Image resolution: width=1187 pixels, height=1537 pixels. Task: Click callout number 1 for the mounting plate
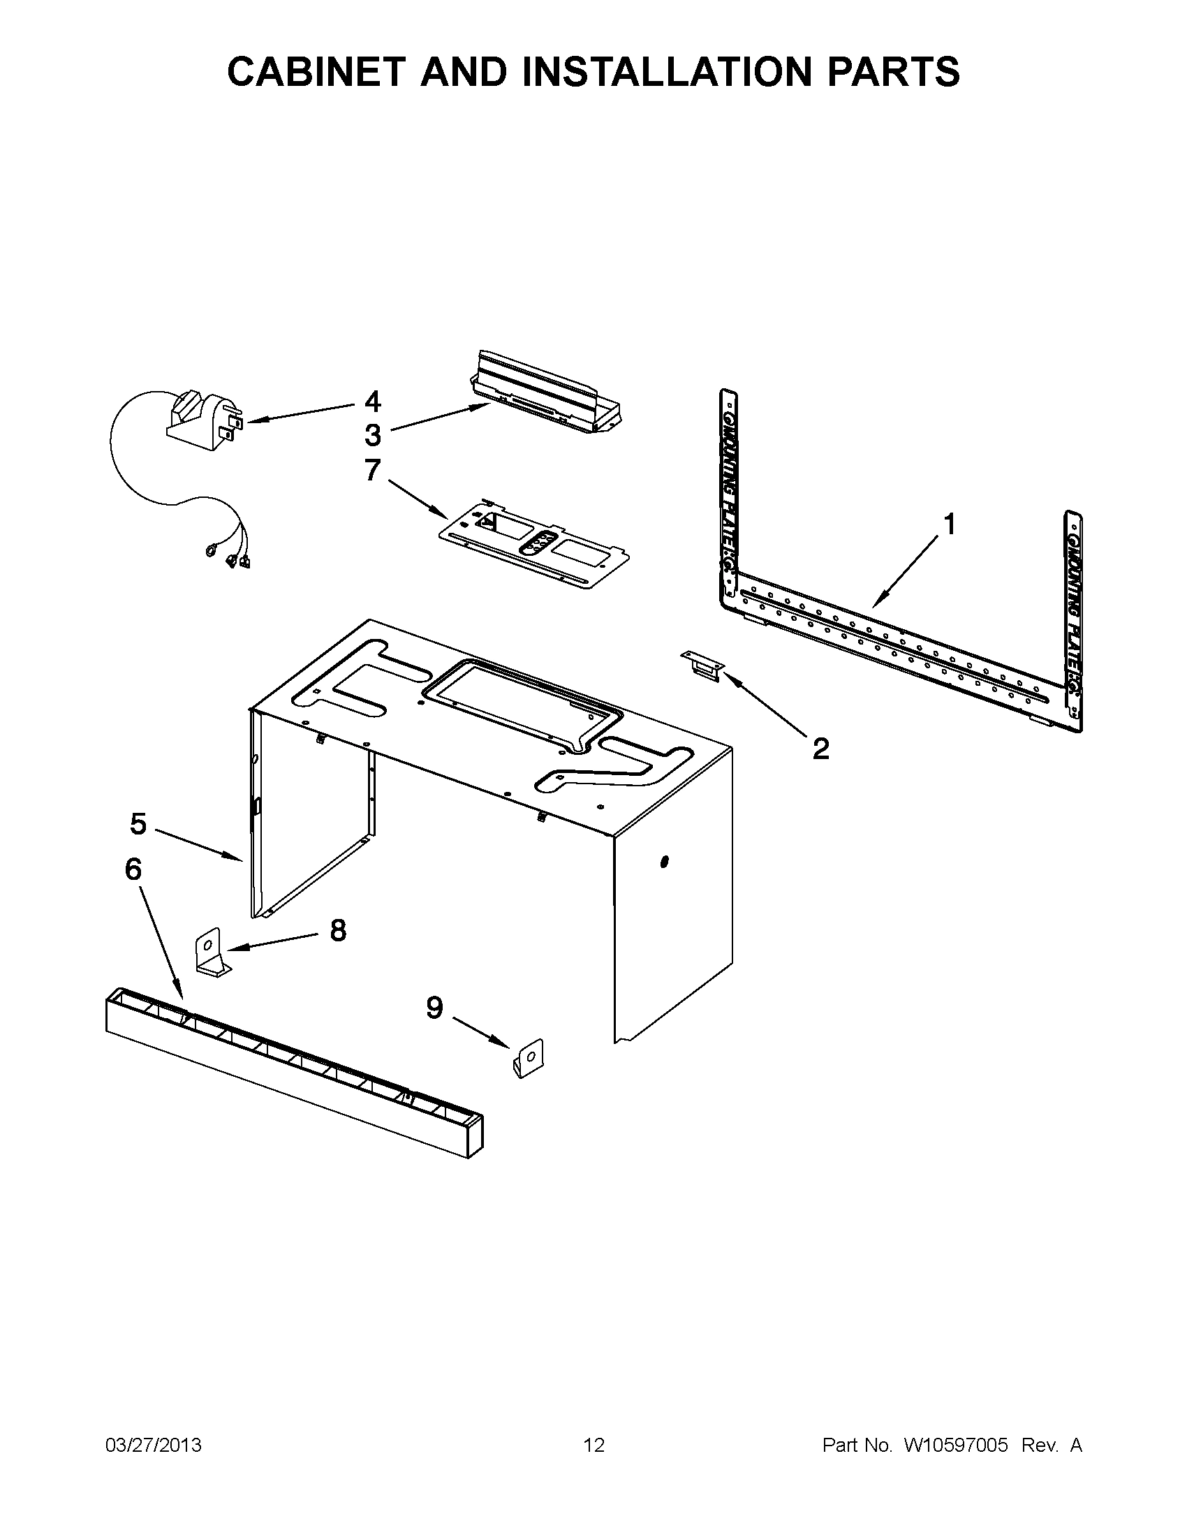[x=949, y=524]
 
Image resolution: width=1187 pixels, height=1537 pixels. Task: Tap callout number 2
[x=820, y=748]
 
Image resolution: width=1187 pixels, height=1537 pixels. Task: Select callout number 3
[x=372, y=435]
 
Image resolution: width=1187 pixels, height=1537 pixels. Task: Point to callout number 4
[x=372, y=401]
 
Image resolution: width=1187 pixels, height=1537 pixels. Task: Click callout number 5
[x=138, y=823]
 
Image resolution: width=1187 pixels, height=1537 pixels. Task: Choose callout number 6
[x=133, y=869]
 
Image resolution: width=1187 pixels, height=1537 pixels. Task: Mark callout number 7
[x=372, y=469]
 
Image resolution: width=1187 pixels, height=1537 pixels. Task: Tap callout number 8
[x=338, y=930]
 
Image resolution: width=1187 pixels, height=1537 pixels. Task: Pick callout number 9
[x=434, y=1008]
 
